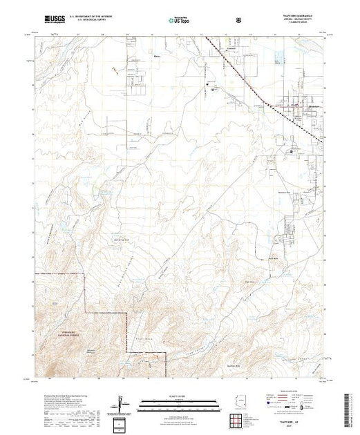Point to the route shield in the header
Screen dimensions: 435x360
pyautogui.click(x=238, y=20)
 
